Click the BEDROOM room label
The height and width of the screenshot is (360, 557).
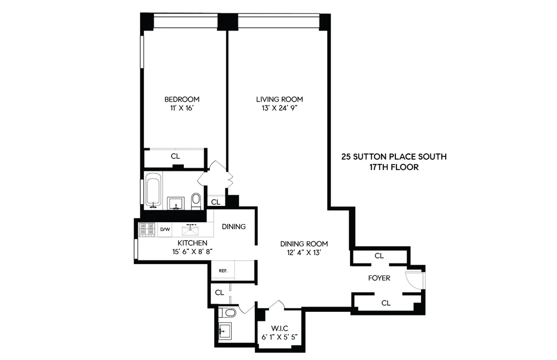182,99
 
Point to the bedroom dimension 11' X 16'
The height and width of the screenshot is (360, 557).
182,108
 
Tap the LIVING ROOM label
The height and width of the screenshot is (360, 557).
279,99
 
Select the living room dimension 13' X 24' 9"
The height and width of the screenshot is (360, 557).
279,108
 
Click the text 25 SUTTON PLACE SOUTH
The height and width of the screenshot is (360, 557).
394,157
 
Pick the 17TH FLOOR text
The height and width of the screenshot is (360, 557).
394,167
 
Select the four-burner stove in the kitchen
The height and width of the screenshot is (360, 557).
147,229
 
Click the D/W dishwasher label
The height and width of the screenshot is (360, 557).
165,229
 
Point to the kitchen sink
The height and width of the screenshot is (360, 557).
190,229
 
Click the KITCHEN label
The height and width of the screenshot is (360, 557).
192,243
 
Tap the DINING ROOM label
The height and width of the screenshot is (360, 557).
304,244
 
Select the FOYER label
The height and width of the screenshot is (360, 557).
379,278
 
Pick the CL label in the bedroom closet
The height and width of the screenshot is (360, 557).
175,156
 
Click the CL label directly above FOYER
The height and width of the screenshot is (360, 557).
379,256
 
